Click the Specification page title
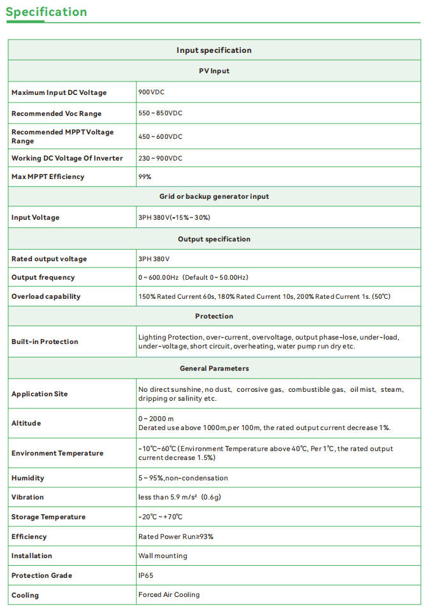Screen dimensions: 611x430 [x=46, y=12]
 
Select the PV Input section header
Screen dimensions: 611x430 [x=214, y=71]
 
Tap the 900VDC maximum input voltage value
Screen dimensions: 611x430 [x=151, y=92]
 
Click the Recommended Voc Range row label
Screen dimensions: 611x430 [x=56, y=113]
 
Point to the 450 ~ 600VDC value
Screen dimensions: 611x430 [x=160, y=136]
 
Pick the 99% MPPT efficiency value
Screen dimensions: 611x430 [x=145, y=176]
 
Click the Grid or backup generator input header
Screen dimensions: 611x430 [x=214, y=196]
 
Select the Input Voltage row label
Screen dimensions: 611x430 [x=35, y=217]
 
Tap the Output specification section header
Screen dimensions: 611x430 [x=214, y=239]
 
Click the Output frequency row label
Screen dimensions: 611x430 [x=43, y=277]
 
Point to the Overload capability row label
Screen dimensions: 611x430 [x=46, y=296]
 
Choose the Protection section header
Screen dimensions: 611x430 [x=214, y=316]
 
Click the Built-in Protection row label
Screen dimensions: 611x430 [x=45, y=341]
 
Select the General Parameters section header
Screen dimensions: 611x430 [x=214, y=368]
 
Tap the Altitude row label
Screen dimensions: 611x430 [x=26, y=423]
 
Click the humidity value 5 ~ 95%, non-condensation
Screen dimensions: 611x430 [x=182, y=478]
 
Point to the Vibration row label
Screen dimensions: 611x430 [x=27, y=497]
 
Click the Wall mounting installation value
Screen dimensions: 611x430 [x=163, y=556]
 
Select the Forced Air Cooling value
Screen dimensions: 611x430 [x=168, y=594]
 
